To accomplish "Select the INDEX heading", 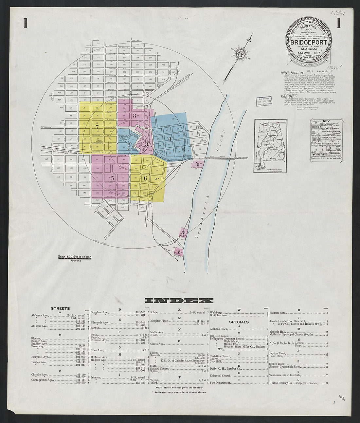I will (x=179, y=301).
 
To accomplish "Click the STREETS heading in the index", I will (x=60, y=308).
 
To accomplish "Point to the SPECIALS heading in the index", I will (x=239, y=322).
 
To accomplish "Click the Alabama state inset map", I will (x=271, y=146).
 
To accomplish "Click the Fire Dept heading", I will (x=288, y=97).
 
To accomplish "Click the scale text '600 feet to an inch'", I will (x=75, y=257).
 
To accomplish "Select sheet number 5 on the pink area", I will (x=112, y=178).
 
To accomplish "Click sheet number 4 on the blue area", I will (x=169, y=138).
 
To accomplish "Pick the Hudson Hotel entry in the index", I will (x=279, y=313).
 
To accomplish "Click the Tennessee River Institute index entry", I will (x=287, y=376).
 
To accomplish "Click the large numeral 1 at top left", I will (x=25, y=24).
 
